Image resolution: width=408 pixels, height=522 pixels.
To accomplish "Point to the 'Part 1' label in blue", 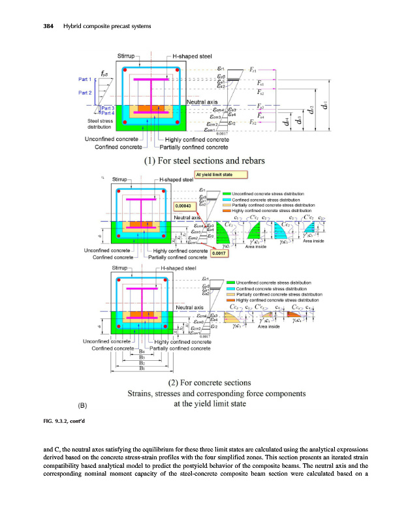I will [84, 80].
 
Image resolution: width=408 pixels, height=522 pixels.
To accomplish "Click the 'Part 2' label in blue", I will [84, 93].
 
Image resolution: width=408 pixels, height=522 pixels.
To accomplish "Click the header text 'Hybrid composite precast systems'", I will [106, 25].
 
